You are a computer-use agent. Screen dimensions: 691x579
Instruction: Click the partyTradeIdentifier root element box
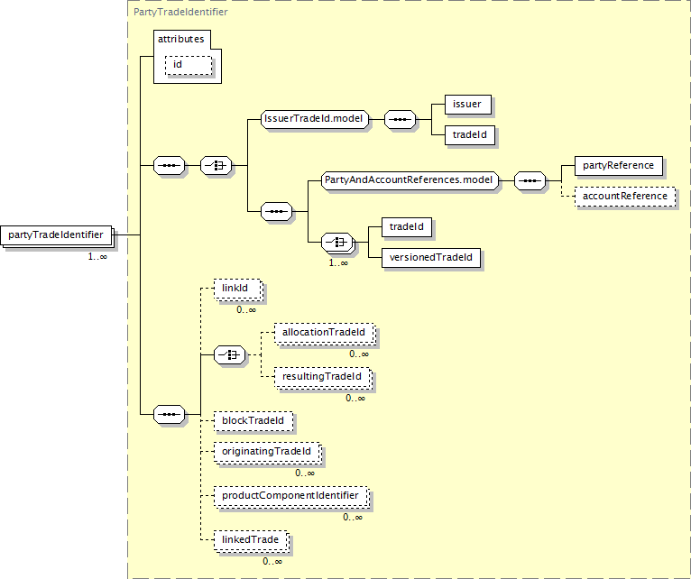click(56, 234)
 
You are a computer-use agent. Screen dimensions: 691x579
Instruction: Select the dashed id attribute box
click(189, 65)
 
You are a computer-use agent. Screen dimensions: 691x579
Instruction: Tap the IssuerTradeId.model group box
click(315, 119)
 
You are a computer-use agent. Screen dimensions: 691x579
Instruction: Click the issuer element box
click(468, 105)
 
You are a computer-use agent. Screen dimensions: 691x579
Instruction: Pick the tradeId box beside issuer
click(470, 135)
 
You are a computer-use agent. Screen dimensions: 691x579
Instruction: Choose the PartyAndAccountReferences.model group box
click(410, 180)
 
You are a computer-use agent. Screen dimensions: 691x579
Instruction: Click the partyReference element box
click(619, 166)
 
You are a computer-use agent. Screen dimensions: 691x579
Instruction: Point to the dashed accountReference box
click(625, 197)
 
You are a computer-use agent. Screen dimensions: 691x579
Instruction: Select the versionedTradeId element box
click(431, 258)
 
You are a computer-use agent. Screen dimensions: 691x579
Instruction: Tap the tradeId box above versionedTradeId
click(407, 227)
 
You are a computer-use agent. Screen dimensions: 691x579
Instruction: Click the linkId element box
click(237, 289)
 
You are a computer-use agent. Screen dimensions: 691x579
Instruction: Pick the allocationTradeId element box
click(325, 333)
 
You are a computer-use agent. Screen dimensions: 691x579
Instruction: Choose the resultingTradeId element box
click(323, 377)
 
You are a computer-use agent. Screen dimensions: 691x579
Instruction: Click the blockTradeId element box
click(253, 421)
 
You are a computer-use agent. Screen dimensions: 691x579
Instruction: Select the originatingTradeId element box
click(267, 452)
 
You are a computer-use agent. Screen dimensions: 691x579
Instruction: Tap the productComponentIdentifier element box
click(290, 496)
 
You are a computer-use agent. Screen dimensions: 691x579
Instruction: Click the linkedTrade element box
click(251, 540)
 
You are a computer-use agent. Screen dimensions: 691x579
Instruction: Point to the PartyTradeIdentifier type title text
click(180, 12)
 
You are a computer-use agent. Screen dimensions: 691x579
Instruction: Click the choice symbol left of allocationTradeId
click(230, 354)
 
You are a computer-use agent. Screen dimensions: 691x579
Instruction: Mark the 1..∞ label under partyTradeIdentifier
click(97, 256)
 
